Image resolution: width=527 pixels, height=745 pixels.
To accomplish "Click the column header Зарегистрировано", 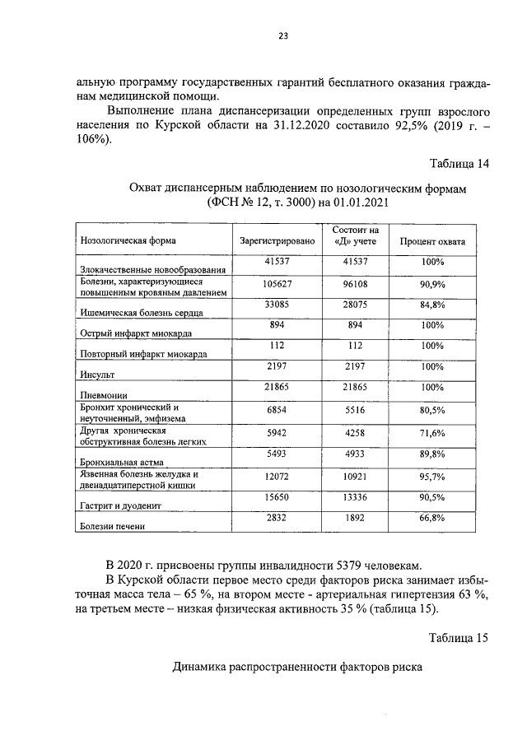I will (277, 242).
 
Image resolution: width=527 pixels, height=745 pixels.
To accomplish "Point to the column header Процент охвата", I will (432, 242).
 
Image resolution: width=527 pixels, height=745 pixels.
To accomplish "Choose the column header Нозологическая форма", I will (128, 242).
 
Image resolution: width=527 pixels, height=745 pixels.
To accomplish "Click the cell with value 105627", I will (277, 284).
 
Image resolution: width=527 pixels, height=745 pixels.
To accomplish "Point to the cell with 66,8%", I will (432, 517).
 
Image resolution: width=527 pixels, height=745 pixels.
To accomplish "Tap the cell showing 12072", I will (277, 477).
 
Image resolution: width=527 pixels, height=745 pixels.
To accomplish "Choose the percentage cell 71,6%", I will (432, 433).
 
